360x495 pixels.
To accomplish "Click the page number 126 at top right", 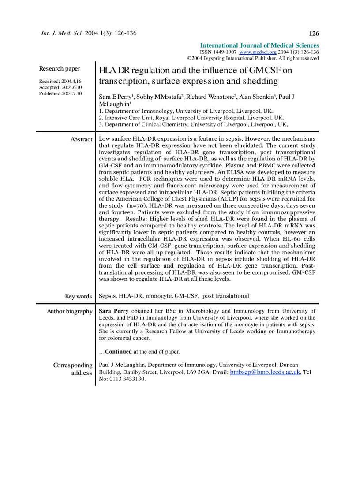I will coord(314,33).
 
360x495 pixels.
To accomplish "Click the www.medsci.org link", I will coord(258,52).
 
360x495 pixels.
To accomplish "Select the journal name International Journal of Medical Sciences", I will coord(259,45).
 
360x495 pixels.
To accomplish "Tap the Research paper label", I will coord(60,68).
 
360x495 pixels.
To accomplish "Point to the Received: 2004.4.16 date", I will coord(60,82).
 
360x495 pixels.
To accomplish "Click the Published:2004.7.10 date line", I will coord(60,93).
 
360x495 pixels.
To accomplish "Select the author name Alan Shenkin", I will coord(257,97).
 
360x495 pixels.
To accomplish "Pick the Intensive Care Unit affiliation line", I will coord(191,118).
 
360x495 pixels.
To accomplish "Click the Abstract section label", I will coord(81,139).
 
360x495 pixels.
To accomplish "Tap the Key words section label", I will coord(78,296).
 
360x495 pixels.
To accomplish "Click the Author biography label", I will coord(69,311).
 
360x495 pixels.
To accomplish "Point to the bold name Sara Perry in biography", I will coord(114,311).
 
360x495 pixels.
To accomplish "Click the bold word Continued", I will coord(118,352).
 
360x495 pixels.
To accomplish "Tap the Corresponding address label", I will coord(73,369).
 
